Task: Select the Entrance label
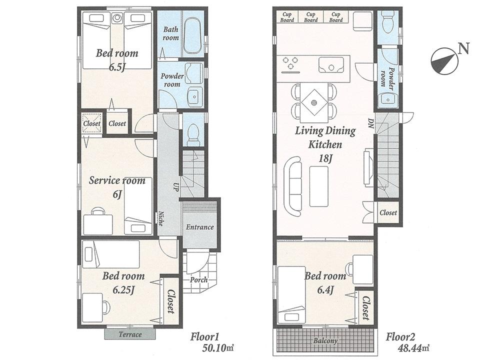tap(199, 227)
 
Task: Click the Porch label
tap(198, 280)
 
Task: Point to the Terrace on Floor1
tap(130, 334)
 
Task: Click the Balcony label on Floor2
tap(325, 341)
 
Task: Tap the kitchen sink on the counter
tap(330, 65)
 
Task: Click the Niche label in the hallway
tap(160, 218)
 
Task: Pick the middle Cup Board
tap(311, 17)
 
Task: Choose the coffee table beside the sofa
tap(318, 186)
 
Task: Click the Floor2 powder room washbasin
tap(387, 99)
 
